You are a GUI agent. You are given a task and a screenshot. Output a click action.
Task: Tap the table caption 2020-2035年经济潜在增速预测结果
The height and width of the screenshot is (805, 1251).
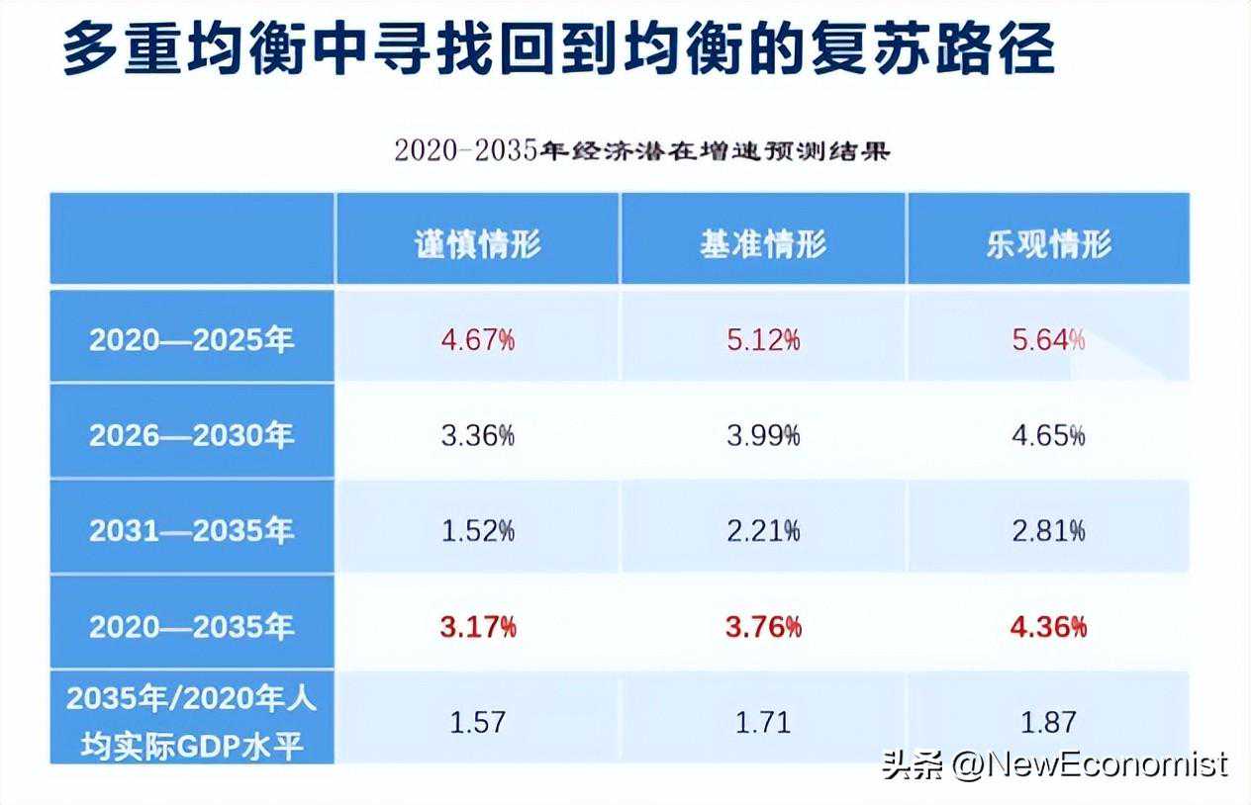coord(642,151)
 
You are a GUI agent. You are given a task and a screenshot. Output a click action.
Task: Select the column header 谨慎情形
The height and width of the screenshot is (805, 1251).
coord(478,243)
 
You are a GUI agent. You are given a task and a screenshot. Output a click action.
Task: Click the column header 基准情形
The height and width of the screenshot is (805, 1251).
coord(763,243)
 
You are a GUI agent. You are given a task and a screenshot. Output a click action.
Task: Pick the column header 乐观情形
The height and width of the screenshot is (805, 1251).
coord(1048,243)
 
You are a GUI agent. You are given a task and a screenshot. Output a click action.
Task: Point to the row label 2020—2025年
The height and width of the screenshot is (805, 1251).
coord(192,340)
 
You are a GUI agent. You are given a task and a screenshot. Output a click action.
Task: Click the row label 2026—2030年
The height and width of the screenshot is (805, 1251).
coord(192,435)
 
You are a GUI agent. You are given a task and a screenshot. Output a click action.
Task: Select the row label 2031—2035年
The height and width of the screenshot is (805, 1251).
coord(192,531)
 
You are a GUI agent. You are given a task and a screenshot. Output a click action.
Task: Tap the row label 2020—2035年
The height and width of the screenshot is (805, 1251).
coord(192,626)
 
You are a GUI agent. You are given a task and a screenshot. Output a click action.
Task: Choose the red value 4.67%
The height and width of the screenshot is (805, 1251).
coord(478,341)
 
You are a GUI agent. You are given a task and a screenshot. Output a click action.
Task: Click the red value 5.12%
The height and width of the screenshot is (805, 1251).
coord(763,341)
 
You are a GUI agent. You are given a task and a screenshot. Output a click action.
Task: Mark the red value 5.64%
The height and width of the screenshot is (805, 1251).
coord(1048,341)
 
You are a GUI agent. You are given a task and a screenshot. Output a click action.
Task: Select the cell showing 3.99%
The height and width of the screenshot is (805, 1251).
coord(763,435)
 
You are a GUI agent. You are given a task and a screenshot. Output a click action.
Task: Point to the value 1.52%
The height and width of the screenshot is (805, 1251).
coord(478,531)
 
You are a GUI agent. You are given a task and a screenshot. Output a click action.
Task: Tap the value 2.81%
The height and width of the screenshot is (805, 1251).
coord(1048,531)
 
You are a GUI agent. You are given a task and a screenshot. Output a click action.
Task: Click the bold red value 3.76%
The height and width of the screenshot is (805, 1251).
coord(763,627)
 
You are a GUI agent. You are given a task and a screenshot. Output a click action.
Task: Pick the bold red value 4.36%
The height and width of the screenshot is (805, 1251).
coord(1048,627)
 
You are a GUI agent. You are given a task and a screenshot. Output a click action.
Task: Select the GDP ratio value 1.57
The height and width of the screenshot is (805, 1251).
coord(478,722)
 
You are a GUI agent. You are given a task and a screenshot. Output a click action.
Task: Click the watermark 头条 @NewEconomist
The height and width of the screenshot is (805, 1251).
coord(1055,764)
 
